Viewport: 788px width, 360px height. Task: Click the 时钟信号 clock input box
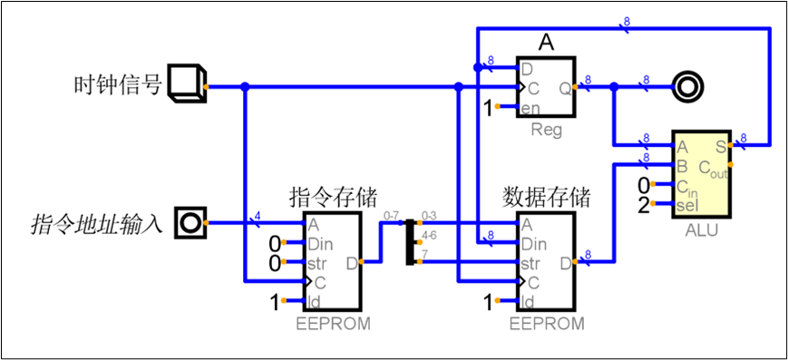point(188,83)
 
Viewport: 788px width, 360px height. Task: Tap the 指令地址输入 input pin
point(190,222)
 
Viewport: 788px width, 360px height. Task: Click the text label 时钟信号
point(117,85)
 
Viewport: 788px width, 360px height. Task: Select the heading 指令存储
point(333,197)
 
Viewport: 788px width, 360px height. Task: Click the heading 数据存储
point(546,197)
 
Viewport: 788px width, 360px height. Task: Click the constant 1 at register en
point(489,109)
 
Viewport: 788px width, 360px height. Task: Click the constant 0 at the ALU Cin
point(644,187)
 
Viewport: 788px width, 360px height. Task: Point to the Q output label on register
point(564,88)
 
